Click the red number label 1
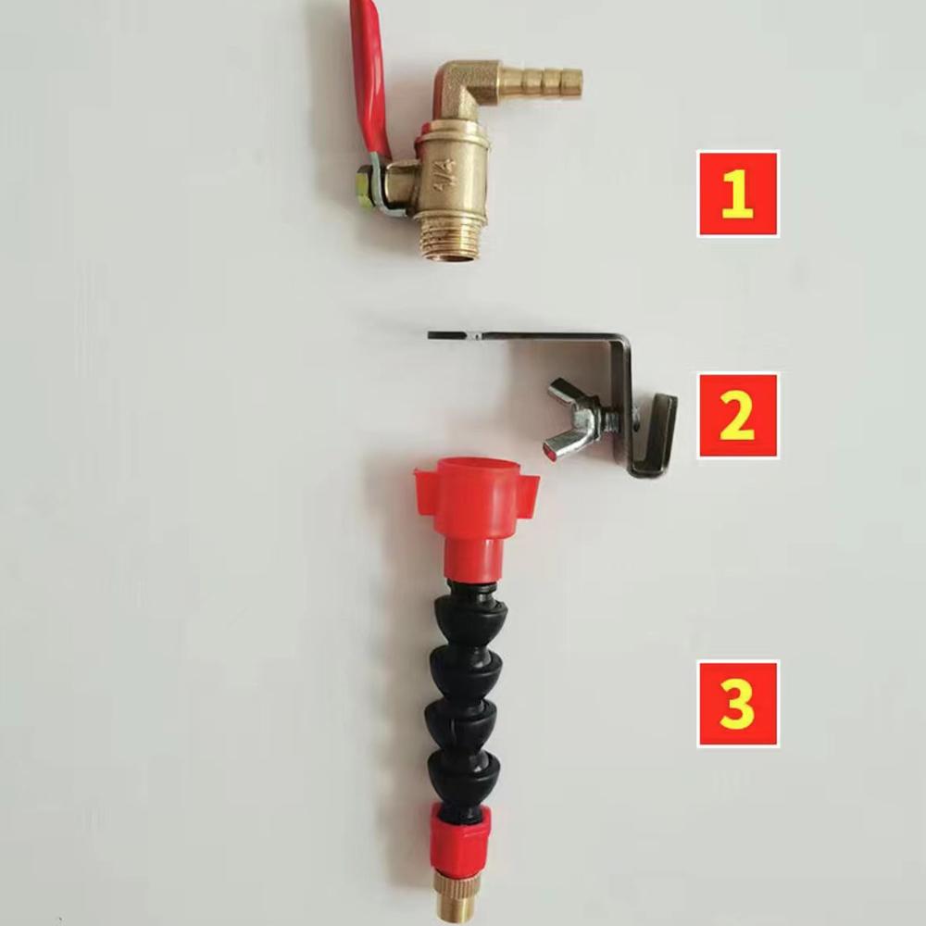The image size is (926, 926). pos(738,194)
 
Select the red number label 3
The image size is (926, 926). pos(738,704)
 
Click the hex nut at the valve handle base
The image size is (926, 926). pos(365,189)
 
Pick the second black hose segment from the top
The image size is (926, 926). pos(467,671)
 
